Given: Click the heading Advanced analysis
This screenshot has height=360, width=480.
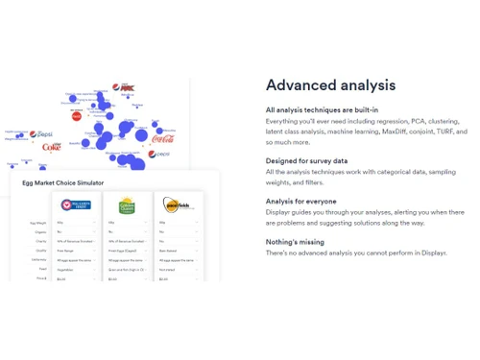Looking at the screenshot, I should coord(330,85).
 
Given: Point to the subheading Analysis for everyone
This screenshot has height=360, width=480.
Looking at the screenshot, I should coord(301,201).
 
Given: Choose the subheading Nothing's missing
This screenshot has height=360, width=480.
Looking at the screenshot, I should coord(296,242).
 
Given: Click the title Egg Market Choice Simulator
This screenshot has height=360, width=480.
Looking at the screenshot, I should coord(63,181).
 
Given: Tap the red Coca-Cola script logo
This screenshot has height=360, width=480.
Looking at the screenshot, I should coord(163,139).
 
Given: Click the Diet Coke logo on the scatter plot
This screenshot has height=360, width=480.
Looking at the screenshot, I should coord(49,146).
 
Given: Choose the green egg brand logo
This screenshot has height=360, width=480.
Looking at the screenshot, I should coord(127,205).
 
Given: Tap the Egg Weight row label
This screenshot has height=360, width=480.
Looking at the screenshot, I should coord(38,223).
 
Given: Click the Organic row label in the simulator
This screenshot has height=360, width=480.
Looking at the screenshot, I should coord(40,231).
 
